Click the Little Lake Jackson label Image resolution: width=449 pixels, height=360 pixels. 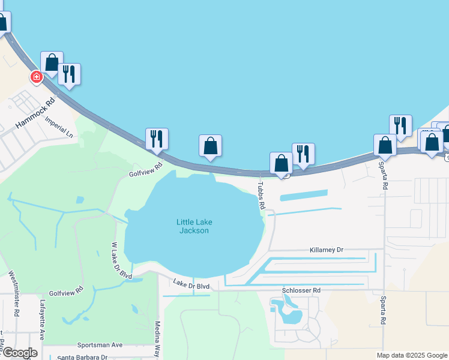click(x=194, y=226)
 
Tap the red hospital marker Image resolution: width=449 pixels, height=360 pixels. click(x=37, y=77)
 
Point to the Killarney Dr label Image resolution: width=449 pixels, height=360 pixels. click(x=327, y=250)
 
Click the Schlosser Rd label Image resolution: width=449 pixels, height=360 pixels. click(x=301, y=290)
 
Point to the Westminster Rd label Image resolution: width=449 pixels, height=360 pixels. click(x=14, y=293)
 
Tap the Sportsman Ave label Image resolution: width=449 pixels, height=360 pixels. click(x=100, y=345)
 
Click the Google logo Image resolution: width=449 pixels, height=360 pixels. click(x=19, y=353)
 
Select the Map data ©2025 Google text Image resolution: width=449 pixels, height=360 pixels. click(x=412, y=355)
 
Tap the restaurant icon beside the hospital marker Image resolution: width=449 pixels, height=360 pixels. click(x=69, y=74)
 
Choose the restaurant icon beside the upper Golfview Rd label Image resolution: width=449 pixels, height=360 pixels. click(x=157, y=139)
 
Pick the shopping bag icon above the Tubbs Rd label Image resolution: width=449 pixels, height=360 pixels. click(x=281, y=163)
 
